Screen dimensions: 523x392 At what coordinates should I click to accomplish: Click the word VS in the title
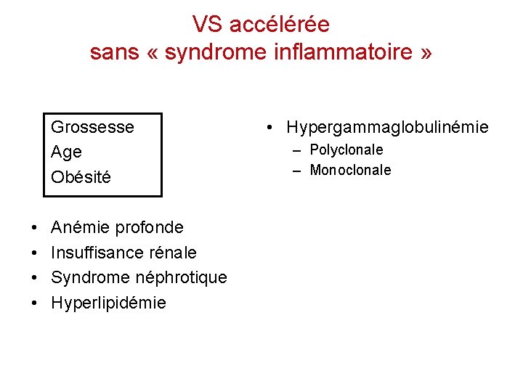[206, 25]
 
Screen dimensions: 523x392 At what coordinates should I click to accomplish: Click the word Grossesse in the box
[92, 127]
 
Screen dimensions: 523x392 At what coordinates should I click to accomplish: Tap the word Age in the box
[66, 152]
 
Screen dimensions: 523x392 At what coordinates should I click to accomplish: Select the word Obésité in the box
[81, 177]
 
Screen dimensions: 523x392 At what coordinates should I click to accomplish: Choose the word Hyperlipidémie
[108, 303]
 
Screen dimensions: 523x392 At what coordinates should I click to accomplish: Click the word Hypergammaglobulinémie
[387, 128]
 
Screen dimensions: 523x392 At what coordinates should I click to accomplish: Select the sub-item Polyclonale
[346, 150]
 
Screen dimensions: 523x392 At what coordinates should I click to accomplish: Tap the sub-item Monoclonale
[350, 171]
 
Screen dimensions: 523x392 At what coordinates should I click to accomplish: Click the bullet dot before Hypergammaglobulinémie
[269, 128]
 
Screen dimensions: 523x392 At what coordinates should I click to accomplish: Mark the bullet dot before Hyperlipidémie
[35, 303]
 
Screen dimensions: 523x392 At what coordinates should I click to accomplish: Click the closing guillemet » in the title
[426, 53]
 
